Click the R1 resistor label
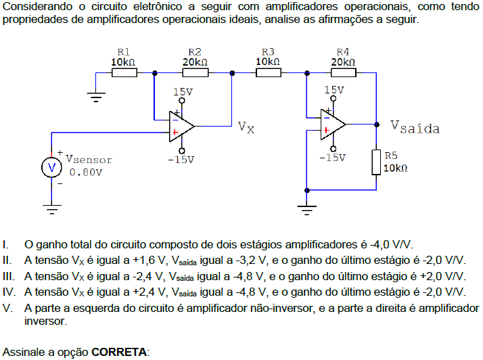124,51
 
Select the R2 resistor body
195,72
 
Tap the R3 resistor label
268,51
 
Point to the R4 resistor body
342,72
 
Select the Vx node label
246,127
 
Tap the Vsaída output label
415,127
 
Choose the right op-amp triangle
333,124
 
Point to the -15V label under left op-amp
181,160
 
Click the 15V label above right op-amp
333,89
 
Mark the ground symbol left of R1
99,97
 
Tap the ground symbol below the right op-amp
308,207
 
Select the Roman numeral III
9,276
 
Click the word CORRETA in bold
119,353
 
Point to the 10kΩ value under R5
396,168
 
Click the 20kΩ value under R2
195,62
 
